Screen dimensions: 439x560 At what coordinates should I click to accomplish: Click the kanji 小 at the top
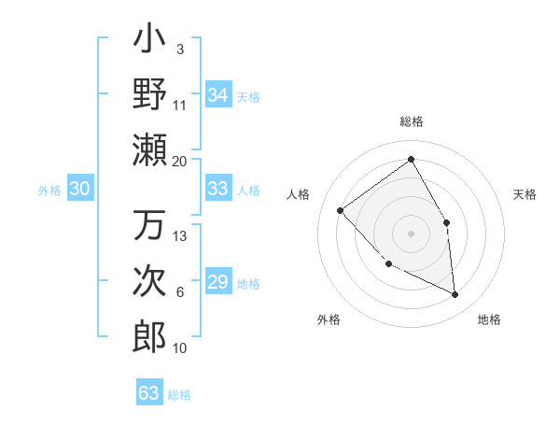[x=149, y=43]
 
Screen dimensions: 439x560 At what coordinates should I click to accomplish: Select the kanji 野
[x=149, y=94]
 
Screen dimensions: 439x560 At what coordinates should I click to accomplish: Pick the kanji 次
[x=149, y=281]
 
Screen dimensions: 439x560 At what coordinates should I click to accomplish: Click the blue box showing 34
[x=217, y=95]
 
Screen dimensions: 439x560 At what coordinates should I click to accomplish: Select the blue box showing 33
[x=217, y=189]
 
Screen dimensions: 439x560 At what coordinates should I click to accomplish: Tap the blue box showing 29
[x=217, y=282]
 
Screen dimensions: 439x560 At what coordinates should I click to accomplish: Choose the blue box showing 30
[x=79, y=189]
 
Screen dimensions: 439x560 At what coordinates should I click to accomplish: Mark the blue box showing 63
[x=148, y=393]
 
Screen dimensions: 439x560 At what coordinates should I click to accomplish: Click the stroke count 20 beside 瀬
[x=179, y=161]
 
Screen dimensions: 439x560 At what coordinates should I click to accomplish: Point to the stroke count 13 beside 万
[x=180, y=235]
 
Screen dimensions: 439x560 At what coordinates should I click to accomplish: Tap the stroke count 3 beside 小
[x=179, y=49]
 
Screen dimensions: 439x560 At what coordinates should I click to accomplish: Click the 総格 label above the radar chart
[x=411, y=121]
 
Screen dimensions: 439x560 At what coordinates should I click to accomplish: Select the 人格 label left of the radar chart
[x=299, y=194]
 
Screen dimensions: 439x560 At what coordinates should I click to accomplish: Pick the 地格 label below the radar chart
[x=489, y=319]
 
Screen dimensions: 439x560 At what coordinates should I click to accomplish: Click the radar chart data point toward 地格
[x=455, y=294]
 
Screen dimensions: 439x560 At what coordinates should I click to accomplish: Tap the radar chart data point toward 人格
[x=341, y=210]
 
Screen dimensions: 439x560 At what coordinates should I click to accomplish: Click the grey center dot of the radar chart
[x=411, y=233]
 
